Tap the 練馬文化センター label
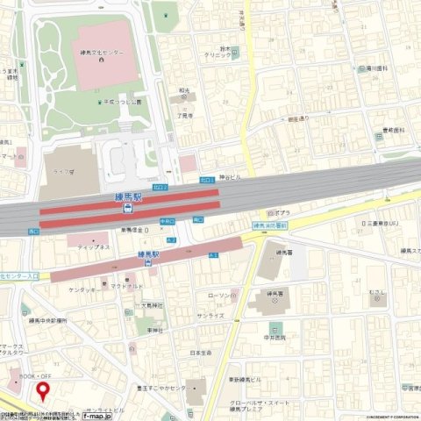pyautogui.click(x=100, y=53)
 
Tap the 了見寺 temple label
pyautogui.click(x=184, y=113)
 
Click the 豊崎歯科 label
pyautogui.click(x=392, y=129)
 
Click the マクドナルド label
pyautogui.click(x=126, y=287)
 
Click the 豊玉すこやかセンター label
pyautogui.click(x=167, y=387)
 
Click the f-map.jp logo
pyautogui.click(x=97, y=416)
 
